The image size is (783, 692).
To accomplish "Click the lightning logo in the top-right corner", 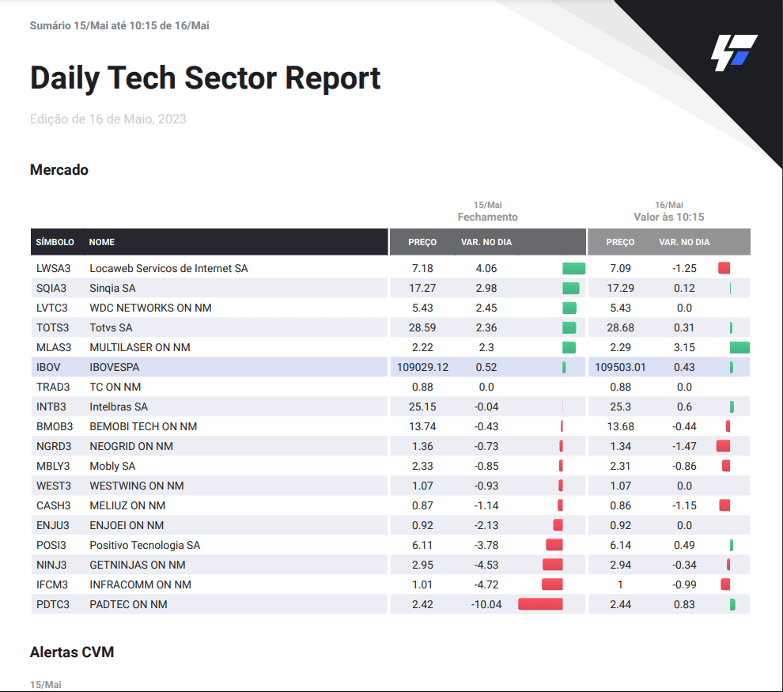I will click(x=733, y=52).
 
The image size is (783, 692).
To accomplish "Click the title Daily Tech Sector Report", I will click(x=205, y=78).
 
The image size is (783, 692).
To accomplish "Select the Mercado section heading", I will click(x=59, y=170).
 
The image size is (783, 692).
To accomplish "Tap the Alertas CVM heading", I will click(x=72, y=652).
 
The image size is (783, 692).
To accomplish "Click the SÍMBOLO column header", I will click(x=55, y=242).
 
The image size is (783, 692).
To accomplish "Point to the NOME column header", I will click(x=102, y=242).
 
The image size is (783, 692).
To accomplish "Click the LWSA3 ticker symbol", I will click(x=54, y=269).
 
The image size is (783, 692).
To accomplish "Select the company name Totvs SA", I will click(x=111, y=327).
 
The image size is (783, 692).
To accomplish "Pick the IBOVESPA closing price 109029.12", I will click(x=422, y=367).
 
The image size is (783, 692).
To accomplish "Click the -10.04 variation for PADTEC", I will click(x=487, y=604).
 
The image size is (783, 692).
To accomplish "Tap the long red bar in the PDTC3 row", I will click(x=540, y=604).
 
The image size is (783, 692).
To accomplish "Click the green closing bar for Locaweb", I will click(x=573, y=269).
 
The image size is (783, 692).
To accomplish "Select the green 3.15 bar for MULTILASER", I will click(x=739, y=347).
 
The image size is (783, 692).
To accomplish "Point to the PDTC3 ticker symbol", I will click(x=53, y=604).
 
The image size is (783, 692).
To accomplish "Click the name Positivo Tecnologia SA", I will click(x=145, y=545).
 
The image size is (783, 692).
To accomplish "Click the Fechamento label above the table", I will click(x=487, y=217).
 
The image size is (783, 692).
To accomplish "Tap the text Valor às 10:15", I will click(x=668, y=217).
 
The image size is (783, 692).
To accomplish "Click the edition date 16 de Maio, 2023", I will click(x=108, y=119).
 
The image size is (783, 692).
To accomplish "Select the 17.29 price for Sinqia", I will click(x=620, y=288).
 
